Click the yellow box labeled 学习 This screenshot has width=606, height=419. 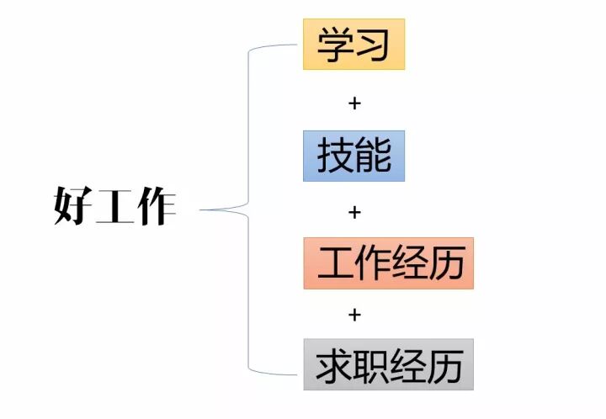coord(353,44)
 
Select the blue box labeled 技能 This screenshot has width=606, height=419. coord(353,156)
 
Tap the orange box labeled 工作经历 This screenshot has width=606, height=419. coord(388,263)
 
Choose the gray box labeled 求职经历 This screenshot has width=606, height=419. coord(388,364)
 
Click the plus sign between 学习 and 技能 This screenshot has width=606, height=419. coord(354,103)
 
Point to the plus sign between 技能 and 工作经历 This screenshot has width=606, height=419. coord(354,211)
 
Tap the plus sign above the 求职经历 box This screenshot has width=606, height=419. coord(354,315)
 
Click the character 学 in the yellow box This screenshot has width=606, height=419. coord(335,44)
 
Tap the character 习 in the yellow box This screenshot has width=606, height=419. coord(373,44)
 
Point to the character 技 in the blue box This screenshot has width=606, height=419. coord(335,156)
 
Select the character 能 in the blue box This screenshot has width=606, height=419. coord(373,156)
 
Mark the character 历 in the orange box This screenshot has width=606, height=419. coord(446,263)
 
